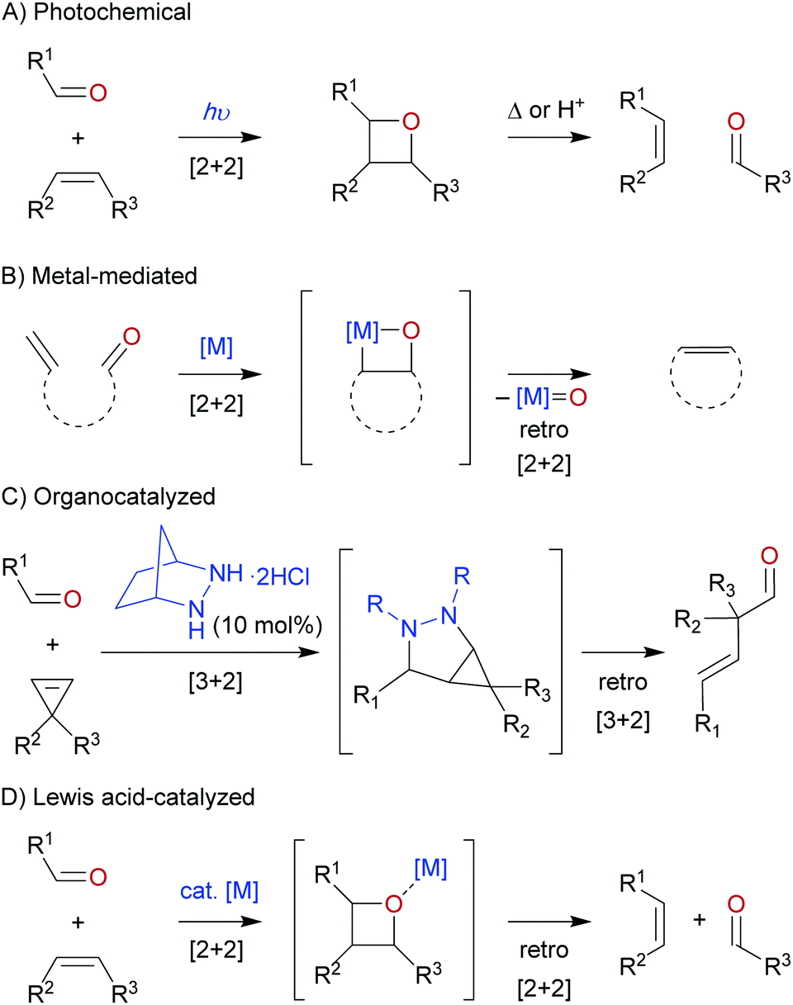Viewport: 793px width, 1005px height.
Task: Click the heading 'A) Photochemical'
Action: pos(97,12)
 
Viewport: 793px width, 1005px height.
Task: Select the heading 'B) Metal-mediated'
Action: pos(99,277)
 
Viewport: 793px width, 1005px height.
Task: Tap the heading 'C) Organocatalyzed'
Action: pos(108,497)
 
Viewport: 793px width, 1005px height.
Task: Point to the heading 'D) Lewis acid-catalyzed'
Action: pos(127,797)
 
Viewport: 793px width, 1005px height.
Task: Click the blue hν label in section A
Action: pos(216,112)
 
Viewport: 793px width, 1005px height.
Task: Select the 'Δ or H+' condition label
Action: pos(546,110)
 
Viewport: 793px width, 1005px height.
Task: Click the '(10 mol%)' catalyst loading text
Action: pos(268,625)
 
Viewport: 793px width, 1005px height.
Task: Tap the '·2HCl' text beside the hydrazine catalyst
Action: pos(280,577)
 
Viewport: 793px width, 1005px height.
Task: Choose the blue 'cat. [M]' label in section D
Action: pos(219,892)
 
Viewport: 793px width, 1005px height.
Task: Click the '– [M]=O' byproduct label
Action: pos(541,397)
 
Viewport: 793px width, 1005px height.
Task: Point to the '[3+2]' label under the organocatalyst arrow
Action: pos(216,682)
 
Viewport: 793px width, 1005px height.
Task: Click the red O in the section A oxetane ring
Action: pos(411,121)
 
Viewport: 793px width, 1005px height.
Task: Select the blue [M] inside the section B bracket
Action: pos(363,331)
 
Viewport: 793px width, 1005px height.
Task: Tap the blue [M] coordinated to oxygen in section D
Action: pos(430,868)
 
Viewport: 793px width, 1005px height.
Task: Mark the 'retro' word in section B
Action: pos(544,429)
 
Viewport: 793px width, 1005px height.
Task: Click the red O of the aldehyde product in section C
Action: pos(769,555)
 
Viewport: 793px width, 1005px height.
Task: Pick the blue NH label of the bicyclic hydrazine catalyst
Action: pos(226,573)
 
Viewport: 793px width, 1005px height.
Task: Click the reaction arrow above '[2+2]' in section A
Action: pos(220,137)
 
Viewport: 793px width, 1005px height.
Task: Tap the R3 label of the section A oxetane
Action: pos(445,191)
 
